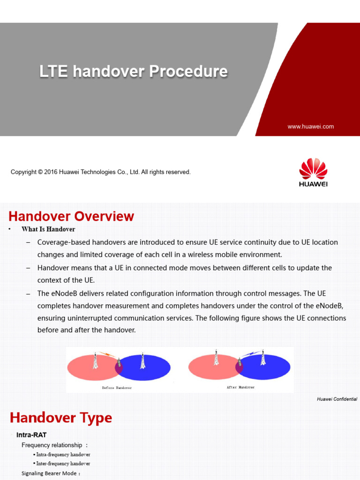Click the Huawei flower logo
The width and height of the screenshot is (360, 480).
click(313, 168)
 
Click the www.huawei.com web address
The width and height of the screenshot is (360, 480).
click(310, 127)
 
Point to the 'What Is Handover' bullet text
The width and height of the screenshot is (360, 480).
click(48, 229)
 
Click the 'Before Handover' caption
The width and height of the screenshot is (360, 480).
click(117, 388)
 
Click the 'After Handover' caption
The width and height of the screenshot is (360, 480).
click(240, 388)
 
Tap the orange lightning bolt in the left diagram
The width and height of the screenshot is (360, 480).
click(107, 354)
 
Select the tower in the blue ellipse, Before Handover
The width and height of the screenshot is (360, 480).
click(142, 360)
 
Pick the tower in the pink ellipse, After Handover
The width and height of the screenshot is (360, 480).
click(216, 358)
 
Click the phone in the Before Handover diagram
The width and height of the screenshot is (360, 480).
click(119, 363)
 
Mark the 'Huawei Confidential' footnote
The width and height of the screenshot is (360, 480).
click(337, 399)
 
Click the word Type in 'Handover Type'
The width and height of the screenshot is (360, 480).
click(96, 418)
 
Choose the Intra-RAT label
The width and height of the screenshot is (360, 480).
click(31, 435)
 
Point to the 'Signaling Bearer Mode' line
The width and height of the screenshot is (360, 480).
click(51, 473)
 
